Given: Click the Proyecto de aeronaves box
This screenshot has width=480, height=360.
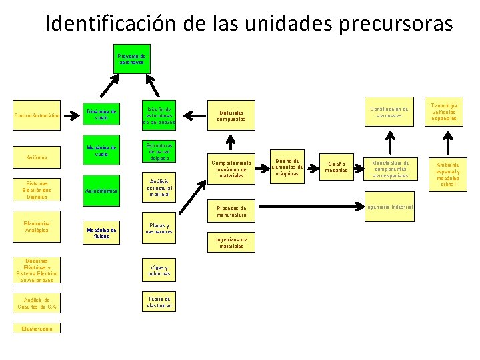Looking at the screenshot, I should pyautogui.click(x=132, y=59).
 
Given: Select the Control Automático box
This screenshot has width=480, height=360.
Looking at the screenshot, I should pyautogui.click(x=37, y=117).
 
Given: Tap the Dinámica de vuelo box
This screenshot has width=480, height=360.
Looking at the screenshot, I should pyautogui.click(x=101, y=115).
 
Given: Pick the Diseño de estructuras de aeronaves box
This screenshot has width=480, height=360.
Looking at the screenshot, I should pyautogui.click(x=159, y=115).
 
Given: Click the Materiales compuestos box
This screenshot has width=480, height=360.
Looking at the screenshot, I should pyautogui.click(x=231, y=116).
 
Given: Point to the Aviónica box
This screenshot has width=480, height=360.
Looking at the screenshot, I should pyautogui.click(x=37, y=158).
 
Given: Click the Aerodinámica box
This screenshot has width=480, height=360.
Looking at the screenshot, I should pyautogui.click(x=101, y=191).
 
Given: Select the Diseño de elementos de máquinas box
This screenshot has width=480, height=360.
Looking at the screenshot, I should pyautogui.click(x=288, y=166).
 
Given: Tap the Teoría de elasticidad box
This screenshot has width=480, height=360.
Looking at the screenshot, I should pyautogui.click(x=159, y=302).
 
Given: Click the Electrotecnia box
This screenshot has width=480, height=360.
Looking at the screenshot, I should pyautogui.click(x=37, y=328).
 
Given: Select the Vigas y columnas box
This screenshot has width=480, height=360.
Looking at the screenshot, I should pyautogui.click(x=159, y=271).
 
